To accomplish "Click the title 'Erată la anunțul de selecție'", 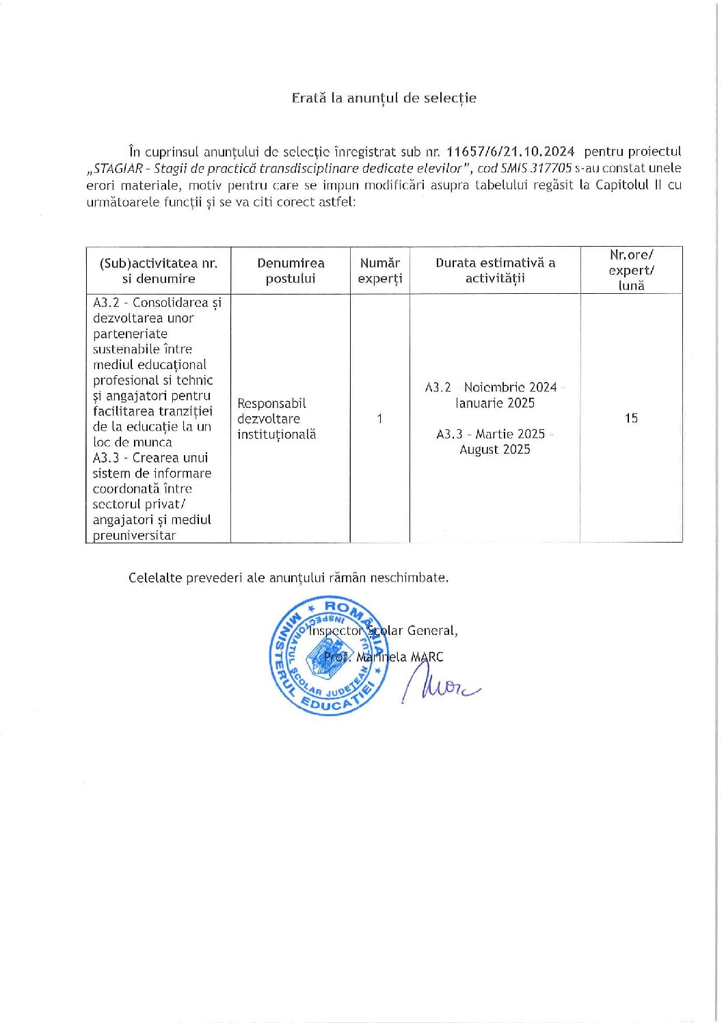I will [384, 98].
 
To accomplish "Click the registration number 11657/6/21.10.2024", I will [509, 152].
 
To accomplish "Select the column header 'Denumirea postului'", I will [291, 271].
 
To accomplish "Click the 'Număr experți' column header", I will [379, 271].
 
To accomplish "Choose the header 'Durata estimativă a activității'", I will [495, 271].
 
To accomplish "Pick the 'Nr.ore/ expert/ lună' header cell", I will [631, 270].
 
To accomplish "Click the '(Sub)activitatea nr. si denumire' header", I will [159, 271].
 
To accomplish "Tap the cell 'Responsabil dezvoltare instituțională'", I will [276, 418].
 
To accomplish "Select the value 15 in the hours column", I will [631, 418].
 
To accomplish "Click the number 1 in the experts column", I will [379, 418].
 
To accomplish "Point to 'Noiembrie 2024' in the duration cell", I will [510, 387].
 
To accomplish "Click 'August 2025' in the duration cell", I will [495, 450].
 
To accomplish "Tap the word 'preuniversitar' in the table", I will [134, 536].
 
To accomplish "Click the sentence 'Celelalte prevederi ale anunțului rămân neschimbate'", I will [289, 577].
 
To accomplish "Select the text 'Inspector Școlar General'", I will [383, 631].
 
